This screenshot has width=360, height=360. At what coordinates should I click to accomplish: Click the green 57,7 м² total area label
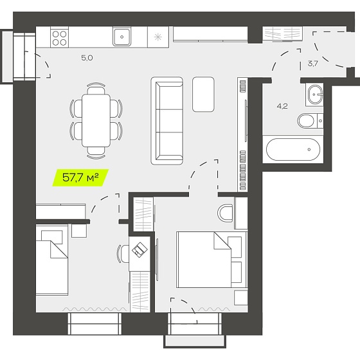click(x=80, y=177)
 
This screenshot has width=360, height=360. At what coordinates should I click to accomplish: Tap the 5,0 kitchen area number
click(x=87, y=58)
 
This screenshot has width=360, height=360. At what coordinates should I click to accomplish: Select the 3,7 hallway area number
click(x=312, y=64)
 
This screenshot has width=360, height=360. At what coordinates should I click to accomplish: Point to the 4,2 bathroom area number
click(x=282, y=106)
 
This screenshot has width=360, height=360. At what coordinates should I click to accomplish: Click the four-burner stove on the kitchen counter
click(x=59, y=37)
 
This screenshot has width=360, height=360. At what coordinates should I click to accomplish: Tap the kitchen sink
click(x=122, y=37)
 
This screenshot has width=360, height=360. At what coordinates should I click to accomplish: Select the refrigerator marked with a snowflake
click(x=158, y=37)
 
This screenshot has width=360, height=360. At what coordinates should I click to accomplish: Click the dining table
click(x=96, y=120)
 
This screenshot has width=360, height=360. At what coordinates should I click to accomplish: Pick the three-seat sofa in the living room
click(x=167, y=121)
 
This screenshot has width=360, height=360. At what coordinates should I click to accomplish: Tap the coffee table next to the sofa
click(x=203, y=94)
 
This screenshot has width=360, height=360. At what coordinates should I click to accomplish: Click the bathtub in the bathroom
click(x=293, y=149)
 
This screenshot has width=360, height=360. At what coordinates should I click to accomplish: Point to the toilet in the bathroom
click(x=310, y=121)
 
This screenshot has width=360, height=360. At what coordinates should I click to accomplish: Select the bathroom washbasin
click(x=315, y=94)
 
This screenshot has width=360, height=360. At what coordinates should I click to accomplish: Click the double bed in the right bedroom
click(x=212, y=260)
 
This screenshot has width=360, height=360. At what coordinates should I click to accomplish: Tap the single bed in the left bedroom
click(x=52, y=260)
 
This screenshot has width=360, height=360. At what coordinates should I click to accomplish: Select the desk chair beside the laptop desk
click(x=123, y=254)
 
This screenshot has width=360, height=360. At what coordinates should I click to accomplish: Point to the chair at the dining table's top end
click(x=96, y=88)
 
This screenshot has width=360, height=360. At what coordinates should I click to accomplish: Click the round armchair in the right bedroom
click(x=225, y=213)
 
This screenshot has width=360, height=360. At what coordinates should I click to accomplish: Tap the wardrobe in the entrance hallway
click(x=282, y=34)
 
